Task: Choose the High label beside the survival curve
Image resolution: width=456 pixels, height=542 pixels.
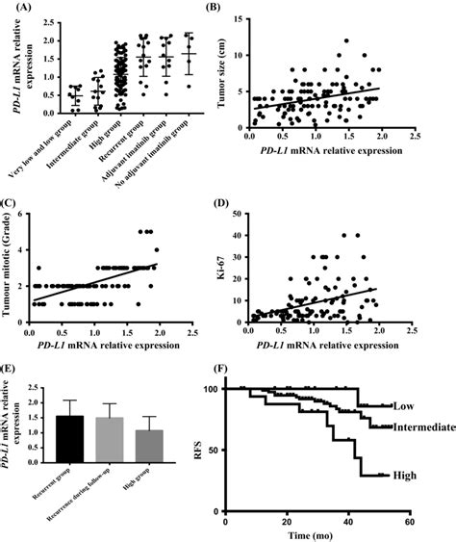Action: (405, 476)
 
